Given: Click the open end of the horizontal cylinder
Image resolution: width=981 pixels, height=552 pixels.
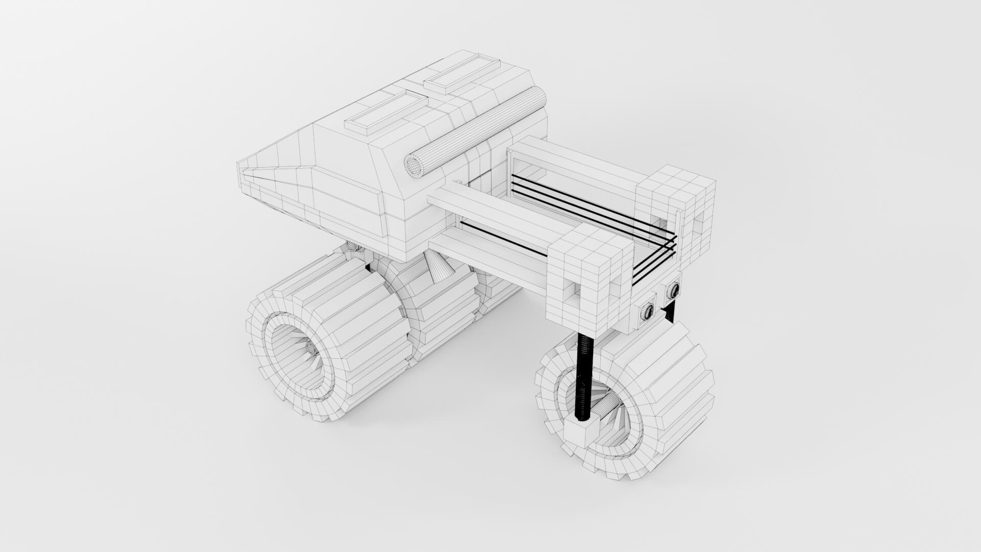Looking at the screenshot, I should (414, 165).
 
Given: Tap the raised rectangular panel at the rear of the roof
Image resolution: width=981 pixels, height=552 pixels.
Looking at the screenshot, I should (461, 74).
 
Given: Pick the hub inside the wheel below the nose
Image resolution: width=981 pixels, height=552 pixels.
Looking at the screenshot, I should (311, 349).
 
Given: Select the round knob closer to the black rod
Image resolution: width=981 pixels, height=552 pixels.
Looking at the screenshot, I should (647, 311).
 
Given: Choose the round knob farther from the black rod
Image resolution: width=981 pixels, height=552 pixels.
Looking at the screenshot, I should (673, 291).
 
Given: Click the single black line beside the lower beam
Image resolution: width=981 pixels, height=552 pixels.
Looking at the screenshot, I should (503, 239).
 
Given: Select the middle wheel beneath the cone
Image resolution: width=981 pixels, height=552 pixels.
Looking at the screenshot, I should (434, 307).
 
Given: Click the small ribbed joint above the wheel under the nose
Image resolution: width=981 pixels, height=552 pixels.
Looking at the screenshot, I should (353, 247).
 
